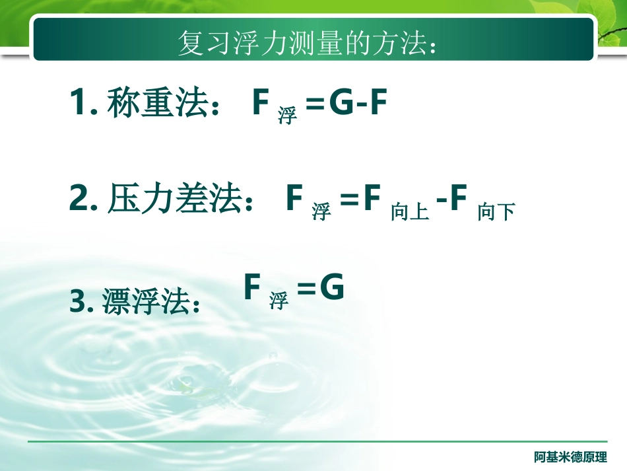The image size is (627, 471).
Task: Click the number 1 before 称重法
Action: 78,104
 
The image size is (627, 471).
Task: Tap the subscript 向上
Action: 410,212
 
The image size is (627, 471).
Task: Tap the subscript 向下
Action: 496,212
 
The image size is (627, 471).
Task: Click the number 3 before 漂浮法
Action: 78,303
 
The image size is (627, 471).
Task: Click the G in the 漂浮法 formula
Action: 331,289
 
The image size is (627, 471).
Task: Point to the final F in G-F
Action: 377,104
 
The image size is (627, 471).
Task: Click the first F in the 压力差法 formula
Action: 294,199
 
